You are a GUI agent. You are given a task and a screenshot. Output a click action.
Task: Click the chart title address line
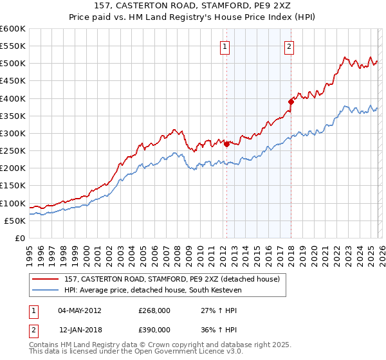point(193,6)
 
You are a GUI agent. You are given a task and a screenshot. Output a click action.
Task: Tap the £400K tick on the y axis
point(13,98)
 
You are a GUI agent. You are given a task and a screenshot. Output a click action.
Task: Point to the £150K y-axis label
point(13,186)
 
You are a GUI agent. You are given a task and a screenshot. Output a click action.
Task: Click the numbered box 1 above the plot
point(225,46)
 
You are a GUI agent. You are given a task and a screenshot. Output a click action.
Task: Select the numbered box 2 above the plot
point(289,46)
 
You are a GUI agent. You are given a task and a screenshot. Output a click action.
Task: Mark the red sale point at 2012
point(226,144)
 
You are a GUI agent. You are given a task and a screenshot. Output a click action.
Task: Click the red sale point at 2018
point(291,101)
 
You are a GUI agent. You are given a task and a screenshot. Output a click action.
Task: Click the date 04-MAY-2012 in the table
point(80,310)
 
